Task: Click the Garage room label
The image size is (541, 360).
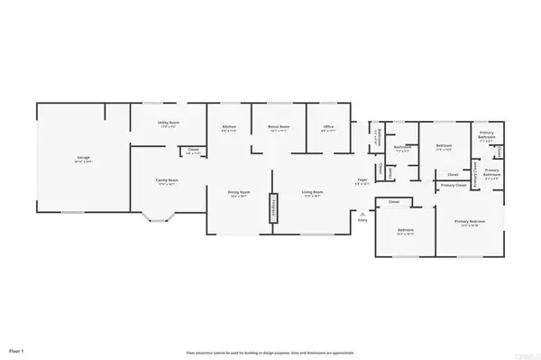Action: tap(82, 159)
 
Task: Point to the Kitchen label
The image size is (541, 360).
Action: tap(229, 127)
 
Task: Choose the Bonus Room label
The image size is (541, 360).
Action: tap(277, 127)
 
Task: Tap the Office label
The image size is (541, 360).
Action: tap(329, 127)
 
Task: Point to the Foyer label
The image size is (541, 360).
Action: tap(362, 180)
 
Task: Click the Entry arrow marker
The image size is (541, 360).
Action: tap(362, 213)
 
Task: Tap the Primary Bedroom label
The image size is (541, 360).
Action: tap(470, 222)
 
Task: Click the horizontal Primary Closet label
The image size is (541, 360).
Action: tap(454, 185)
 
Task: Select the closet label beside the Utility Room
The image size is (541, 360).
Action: tap(193, 152)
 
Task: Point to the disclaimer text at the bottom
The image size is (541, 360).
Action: tap(270, 353)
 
